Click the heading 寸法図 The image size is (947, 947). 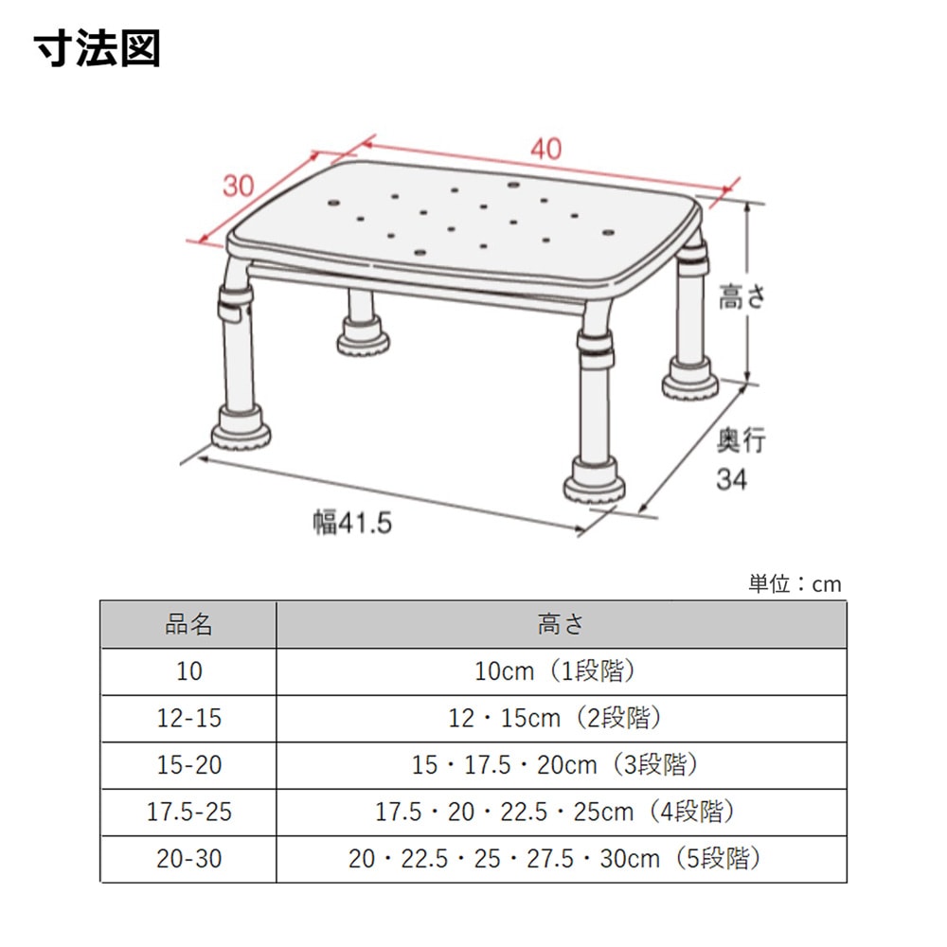[x=97, y=48]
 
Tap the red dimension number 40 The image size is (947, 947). [x=546, y=149]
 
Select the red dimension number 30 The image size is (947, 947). [x=239, y=186]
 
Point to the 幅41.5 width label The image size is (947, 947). [x=352, y=523]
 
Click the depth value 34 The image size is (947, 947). [x=731, y=479]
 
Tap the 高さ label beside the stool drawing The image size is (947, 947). [x=742, y=296]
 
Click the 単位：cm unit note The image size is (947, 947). [x=795, y=584]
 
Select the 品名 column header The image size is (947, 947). [x=188, y=624]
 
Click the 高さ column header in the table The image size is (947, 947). [x=561, y=624]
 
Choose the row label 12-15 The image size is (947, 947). [x=189, y=718]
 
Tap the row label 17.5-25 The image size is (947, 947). [x=189, y=812]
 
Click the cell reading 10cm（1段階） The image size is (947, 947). [x=555, y=671]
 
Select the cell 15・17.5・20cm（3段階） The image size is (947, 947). [x=555, y=764]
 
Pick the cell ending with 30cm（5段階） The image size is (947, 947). [x=555, y=858]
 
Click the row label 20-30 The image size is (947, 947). [x=189, y=859]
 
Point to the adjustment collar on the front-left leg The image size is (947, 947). [x=234, y=305]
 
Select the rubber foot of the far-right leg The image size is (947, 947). [x=690, y=380]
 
